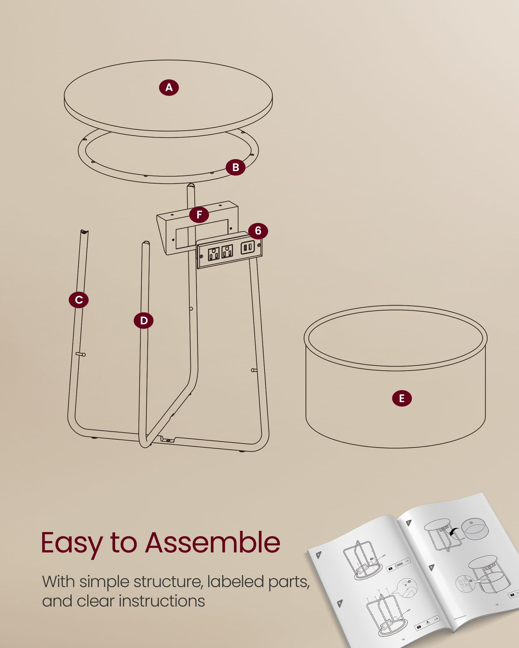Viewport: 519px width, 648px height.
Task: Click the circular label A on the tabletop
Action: coord(169,88)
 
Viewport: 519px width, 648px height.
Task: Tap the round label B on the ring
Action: coord(236,167)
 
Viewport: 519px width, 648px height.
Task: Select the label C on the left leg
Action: coord(79,300)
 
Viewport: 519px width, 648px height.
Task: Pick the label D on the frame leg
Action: coord(144,321)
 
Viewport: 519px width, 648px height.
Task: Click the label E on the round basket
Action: coord(402,398)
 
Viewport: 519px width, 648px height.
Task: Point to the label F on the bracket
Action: coord(199,215)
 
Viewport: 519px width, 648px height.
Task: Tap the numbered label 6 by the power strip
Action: coord(258,231)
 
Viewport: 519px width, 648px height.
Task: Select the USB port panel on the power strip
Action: coord(248,248)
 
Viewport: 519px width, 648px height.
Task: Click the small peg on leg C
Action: coord(81,354)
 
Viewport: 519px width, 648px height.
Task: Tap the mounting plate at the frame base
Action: coord(168,440)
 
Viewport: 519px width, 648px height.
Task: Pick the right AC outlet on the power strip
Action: coord(227,251)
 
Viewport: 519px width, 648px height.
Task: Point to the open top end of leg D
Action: coord(146,243)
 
